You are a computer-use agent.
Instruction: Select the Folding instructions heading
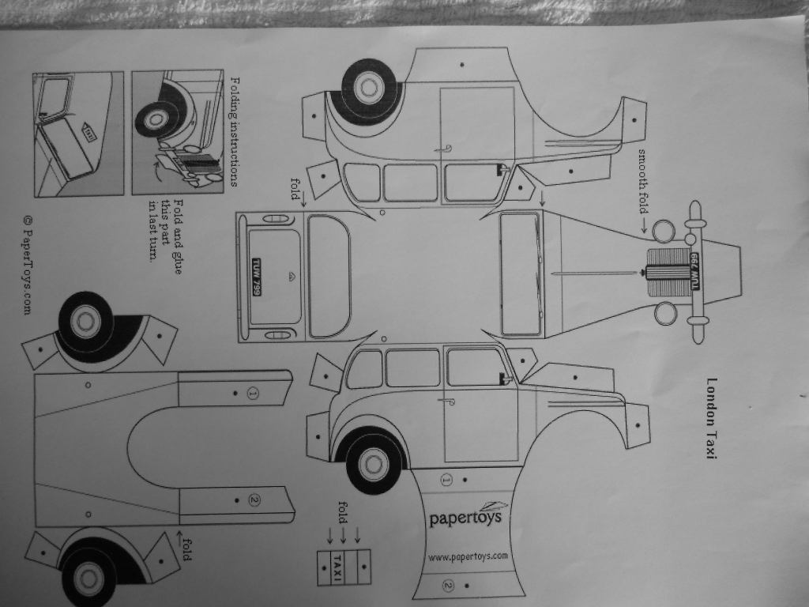point(233,131)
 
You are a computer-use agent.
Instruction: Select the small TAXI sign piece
point(338,566)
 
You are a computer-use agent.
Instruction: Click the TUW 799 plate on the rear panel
point(257,277)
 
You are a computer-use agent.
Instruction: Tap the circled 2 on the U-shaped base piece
point(254,499)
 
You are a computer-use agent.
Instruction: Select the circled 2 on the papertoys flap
point(447,585)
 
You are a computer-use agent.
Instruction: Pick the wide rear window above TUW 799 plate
point(329,276)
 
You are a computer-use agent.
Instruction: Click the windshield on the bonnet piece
point(521,273)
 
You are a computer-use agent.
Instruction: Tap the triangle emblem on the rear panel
point(290,276)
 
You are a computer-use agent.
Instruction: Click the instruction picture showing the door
point(78,133)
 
